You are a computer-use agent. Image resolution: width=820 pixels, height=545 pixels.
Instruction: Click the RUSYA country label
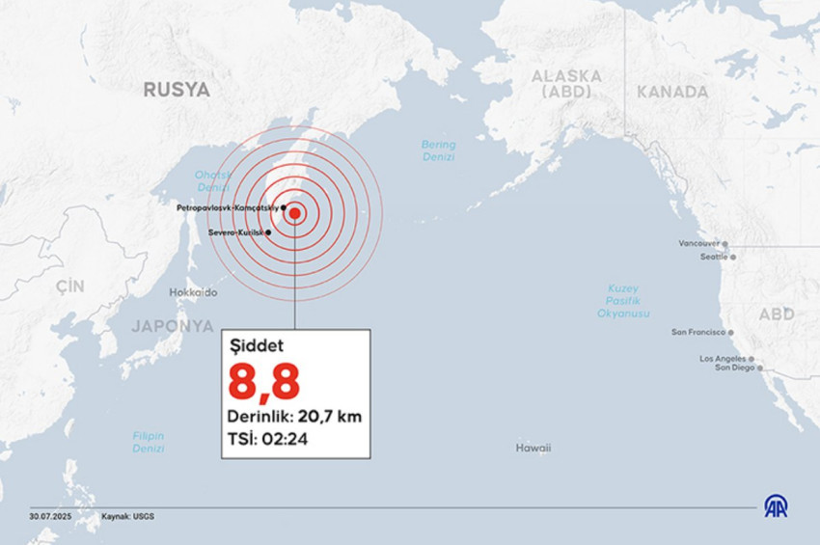(177, 90)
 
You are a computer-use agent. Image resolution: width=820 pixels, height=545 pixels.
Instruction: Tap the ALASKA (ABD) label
(565, 84)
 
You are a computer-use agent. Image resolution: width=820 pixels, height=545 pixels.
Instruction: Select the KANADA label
(672, 92)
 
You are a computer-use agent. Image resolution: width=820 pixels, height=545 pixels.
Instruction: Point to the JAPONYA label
(173, 325)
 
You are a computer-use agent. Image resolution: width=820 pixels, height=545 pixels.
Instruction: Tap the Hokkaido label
(193, 292)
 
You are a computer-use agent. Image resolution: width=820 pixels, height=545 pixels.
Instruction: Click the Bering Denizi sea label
(438, 150)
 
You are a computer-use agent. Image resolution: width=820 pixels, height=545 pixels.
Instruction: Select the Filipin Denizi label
(149, 442)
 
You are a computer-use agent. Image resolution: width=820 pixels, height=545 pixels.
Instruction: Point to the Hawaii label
(533, 448)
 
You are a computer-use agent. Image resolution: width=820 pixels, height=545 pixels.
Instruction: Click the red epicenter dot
(295, 213)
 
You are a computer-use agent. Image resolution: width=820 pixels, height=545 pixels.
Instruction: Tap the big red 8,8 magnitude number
(263, 382)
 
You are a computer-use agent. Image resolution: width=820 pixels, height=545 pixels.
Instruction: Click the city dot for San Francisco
(731, 332)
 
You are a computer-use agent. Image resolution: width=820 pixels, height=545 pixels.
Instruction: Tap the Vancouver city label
(699, 244)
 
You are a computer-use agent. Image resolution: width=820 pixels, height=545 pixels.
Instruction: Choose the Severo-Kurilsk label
(234, 232)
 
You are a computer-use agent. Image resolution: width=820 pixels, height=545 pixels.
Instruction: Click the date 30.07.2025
(50, 516)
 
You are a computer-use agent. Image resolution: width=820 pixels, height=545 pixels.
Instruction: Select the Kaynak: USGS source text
(127, 516)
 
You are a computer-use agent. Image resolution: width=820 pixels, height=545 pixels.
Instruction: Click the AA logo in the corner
(776, 506)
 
